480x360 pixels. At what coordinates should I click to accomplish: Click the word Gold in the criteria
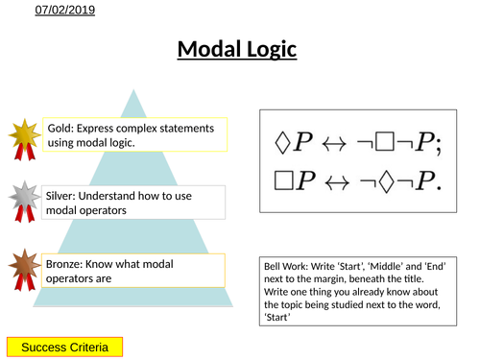[x=60, y=127]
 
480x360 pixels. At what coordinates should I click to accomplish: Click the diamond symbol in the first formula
[x=284, y=141]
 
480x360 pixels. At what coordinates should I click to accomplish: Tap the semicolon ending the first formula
[x=437, y=143]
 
